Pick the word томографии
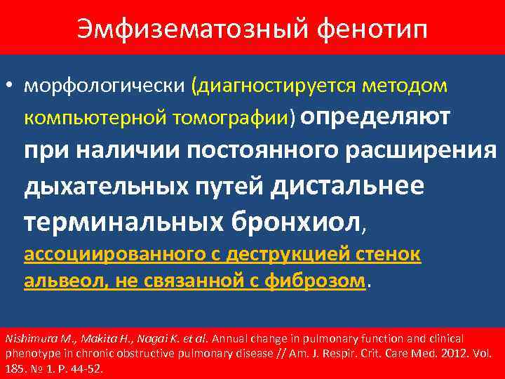[x=228, y=117]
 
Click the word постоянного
[x=254, y=151]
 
